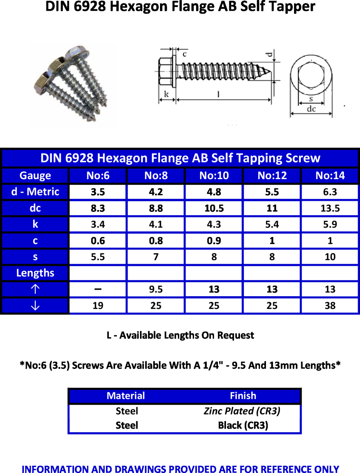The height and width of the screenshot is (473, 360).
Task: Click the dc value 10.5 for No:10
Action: (214, 208)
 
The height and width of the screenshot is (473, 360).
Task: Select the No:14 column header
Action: (330, 176)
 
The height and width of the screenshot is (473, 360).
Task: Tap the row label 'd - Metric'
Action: (35, 192)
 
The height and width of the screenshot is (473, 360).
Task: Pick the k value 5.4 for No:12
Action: (272, 225)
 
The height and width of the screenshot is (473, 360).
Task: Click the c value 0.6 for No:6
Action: (98, 241)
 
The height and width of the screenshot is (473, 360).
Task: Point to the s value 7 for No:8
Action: (156, 257)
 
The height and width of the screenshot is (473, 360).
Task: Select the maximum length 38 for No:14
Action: (330, 306)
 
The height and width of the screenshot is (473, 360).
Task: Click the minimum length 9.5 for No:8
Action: (156, 289)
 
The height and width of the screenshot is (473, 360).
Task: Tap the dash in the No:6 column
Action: (98, 289)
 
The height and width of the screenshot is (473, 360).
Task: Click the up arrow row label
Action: (35, 289)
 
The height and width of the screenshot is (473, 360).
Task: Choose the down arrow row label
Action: (35, 306)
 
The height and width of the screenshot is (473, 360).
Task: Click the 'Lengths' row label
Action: (35, 273)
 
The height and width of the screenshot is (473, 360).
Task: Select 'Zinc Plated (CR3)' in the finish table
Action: (242, 411)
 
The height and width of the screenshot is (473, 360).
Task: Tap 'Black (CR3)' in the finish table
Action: (243, 425)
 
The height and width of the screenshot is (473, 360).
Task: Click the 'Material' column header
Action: (126, 396)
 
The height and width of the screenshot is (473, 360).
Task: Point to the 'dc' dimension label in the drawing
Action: (311, 109)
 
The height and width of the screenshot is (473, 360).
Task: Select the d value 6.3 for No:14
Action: (330, 192)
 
